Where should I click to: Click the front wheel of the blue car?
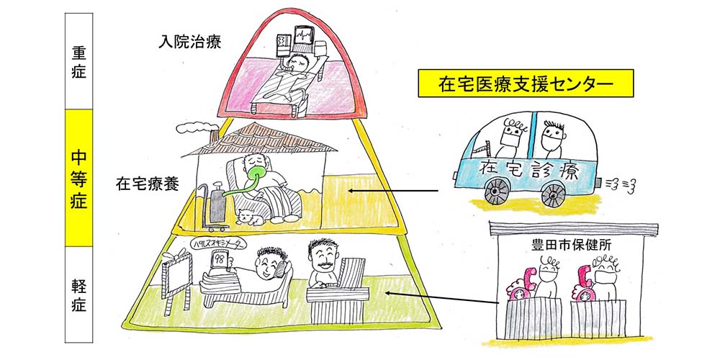pos(553,194)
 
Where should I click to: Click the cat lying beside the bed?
pos(249,216)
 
